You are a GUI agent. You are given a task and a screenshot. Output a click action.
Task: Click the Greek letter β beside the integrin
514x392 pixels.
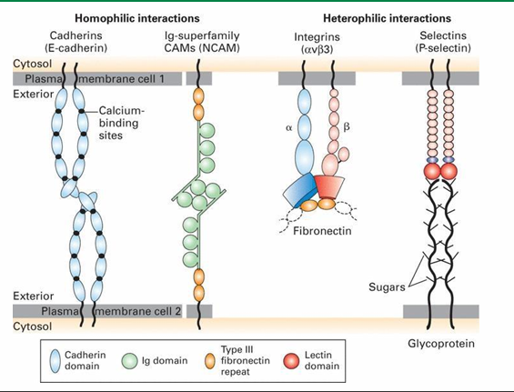pyautogui.click(x=348, y=129)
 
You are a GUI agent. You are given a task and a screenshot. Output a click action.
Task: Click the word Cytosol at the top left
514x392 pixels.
pyautogui.click(x=29, y=65)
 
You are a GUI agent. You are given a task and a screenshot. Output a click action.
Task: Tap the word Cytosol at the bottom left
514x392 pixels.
pyautogui.click(x=29, y=325)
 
